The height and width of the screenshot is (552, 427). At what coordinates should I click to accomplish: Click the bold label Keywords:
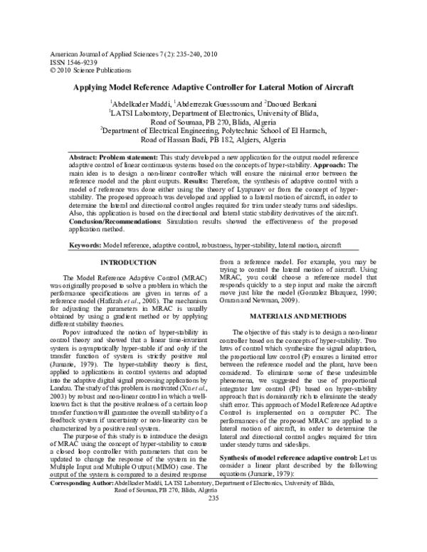coord(85,245)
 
